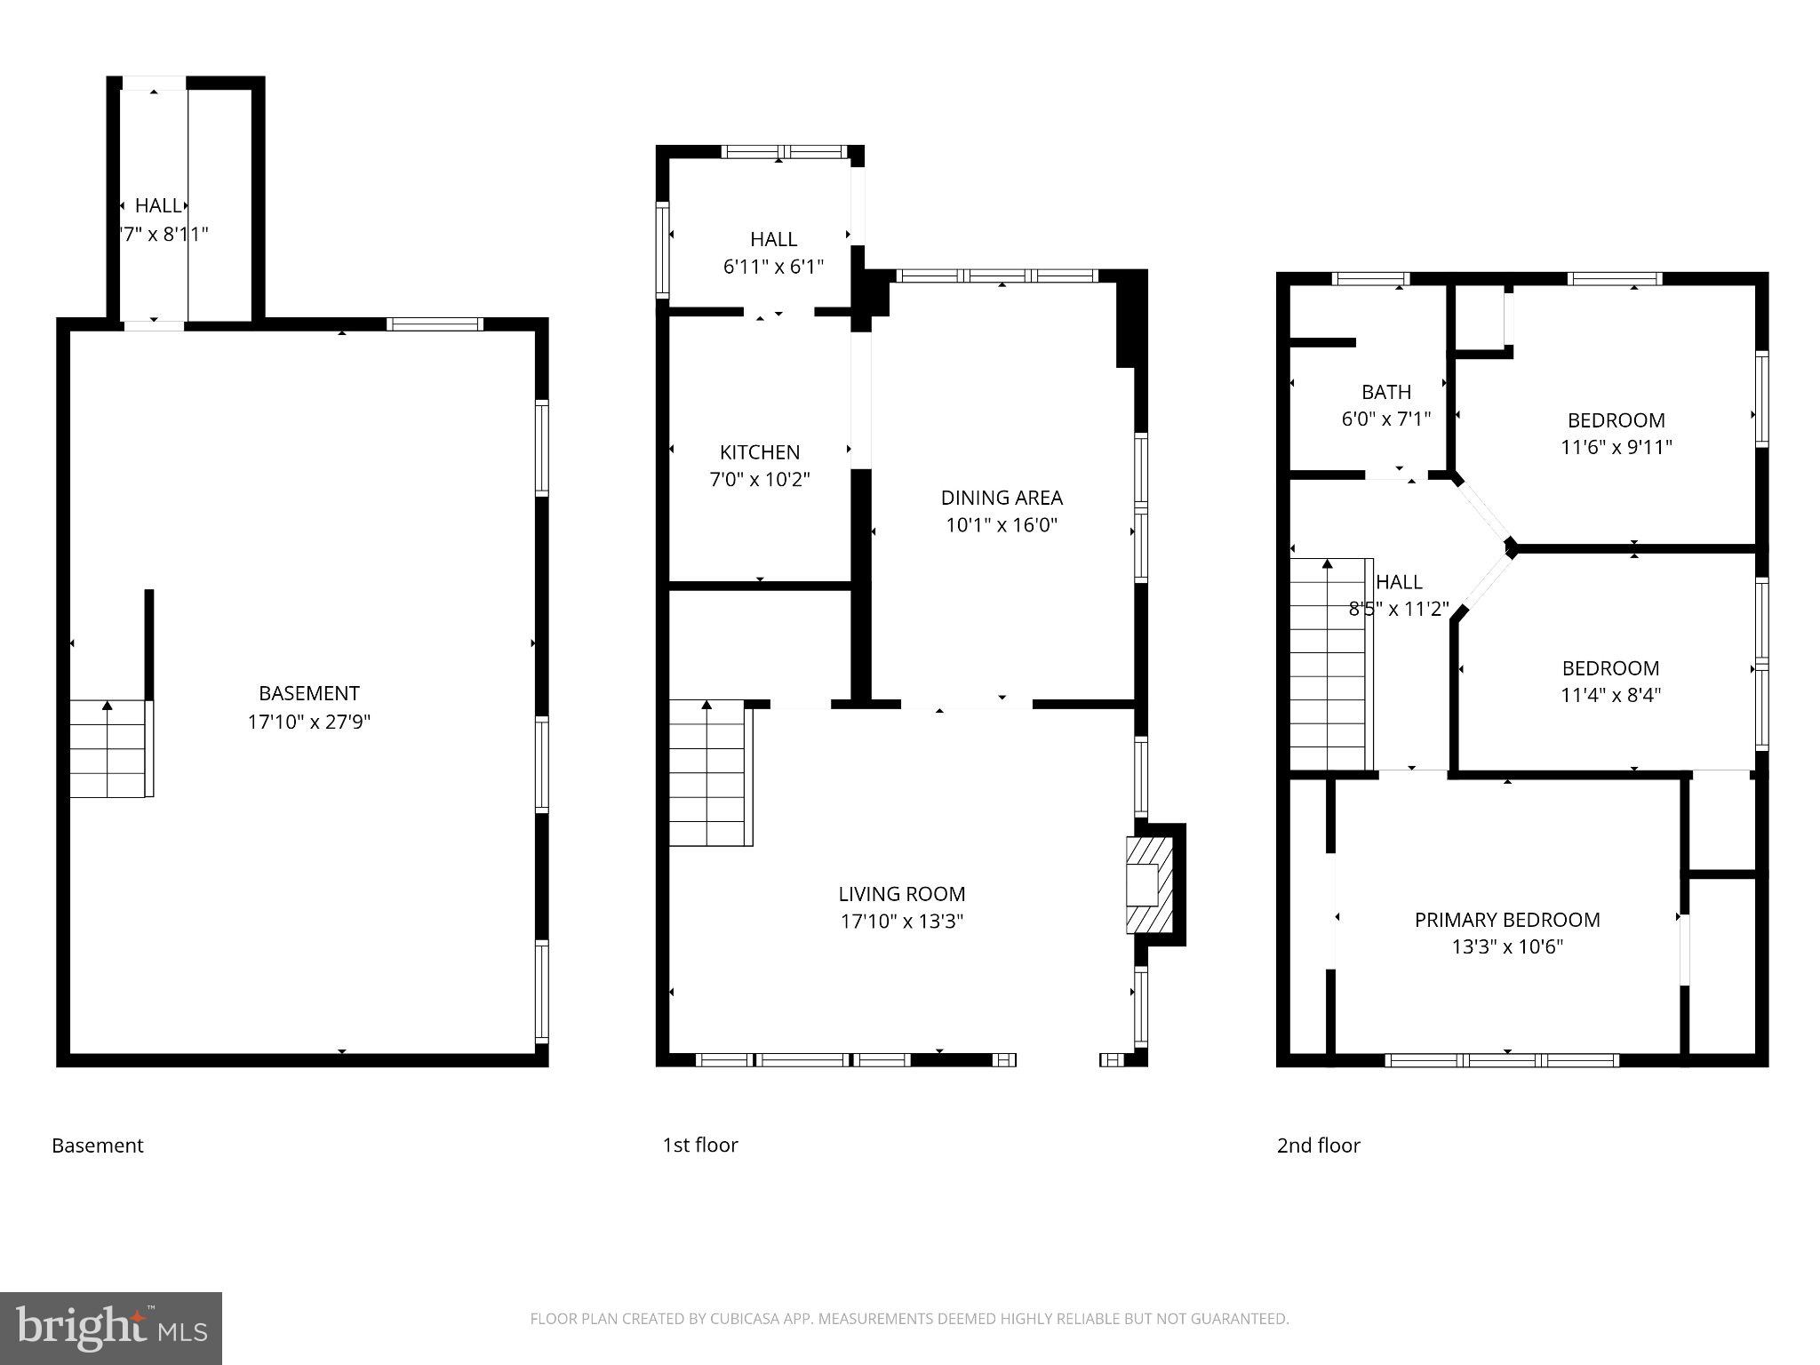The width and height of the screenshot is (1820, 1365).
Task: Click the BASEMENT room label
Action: tap(308, 693)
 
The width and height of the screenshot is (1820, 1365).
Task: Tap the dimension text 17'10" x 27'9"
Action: tap(308, 722)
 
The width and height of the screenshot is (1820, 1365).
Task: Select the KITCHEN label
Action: tap(759, 452)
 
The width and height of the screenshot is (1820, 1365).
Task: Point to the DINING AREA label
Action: tap(1002, 498)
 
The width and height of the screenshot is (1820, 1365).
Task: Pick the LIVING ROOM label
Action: tap(901, 894)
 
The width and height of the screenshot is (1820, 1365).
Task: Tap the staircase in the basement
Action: tap(108, 748)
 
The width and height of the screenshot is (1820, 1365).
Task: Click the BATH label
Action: tap(1385, 392)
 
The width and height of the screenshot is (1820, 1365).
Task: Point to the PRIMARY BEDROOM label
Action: tap(1507, 920)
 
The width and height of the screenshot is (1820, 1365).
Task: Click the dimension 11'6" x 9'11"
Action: tap(1616, 447)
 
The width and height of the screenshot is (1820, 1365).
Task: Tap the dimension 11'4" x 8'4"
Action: tap(1610, 695)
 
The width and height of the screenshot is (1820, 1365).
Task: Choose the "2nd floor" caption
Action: tap(1318, 1145)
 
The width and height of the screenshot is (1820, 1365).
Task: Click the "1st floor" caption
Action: tap(699, 1145)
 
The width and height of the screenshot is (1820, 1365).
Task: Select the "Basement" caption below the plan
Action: tap(98, 1145)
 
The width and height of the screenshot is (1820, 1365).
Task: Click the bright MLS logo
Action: tap(111, 1329)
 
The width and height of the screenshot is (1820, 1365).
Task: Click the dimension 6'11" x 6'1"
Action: tap(773, 267)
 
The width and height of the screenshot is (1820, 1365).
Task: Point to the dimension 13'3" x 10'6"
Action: tap(1507, 947)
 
